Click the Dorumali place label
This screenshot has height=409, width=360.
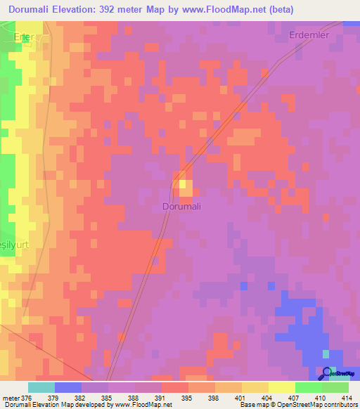[x=181, y=207]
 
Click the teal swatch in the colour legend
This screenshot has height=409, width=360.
[x=41, y=387]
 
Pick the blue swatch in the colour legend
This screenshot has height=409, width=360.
[x=68, y=387]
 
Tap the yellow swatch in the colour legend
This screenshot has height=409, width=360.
[x=282, y=387]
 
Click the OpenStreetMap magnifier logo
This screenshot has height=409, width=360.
[x=326, y=372]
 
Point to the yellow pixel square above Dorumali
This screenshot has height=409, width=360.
[x=186, y=186]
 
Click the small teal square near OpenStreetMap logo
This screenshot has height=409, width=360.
[x=326, y=353]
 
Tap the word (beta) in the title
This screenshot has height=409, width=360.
[x=278, y=10]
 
